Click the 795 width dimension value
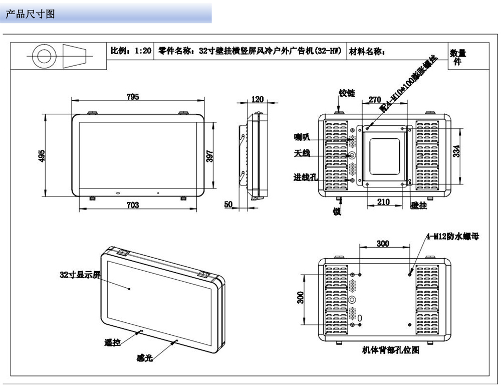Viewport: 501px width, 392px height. [x=133, y=97]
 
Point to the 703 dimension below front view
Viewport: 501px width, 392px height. [x=133, y=205]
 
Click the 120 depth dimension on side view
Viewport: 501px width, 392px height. [x=257, y=99]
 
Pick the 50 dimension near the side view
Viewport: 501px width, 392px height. [x=228, y=205]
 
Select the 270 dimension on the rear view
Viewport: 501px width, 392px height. [x=375, y=99]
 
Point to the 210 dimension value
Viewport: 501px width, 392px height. [x=383, y=203]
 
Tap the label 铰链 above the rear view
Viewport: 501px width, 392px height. [x=347, y=93]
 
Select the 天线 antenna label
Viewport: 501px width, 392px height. [x=302, y=153]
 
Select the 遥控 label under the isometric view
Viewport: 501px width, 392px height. [x=113, y=343]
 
